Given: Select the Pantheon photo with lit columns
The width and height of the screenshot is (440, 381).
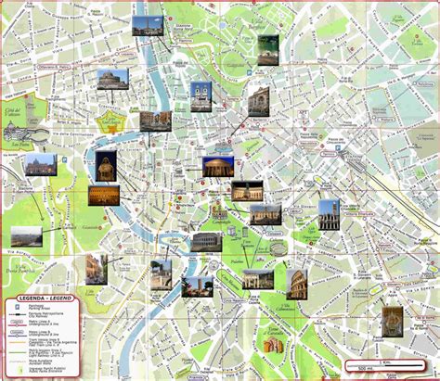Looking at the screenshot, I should point(216,166).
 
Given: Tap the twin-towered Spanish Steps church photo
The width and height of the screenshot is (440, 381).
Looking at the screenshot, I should point(201,92).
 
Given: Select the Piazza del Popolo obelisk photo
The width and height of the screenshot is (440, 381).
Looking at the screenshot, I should point(143,26).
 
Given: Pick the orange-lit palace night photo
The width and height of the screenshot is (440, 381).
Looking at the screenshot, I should point(102,195).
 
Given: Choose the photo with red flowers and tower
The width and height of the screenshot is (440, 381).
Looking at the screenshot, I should point(197,286).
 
